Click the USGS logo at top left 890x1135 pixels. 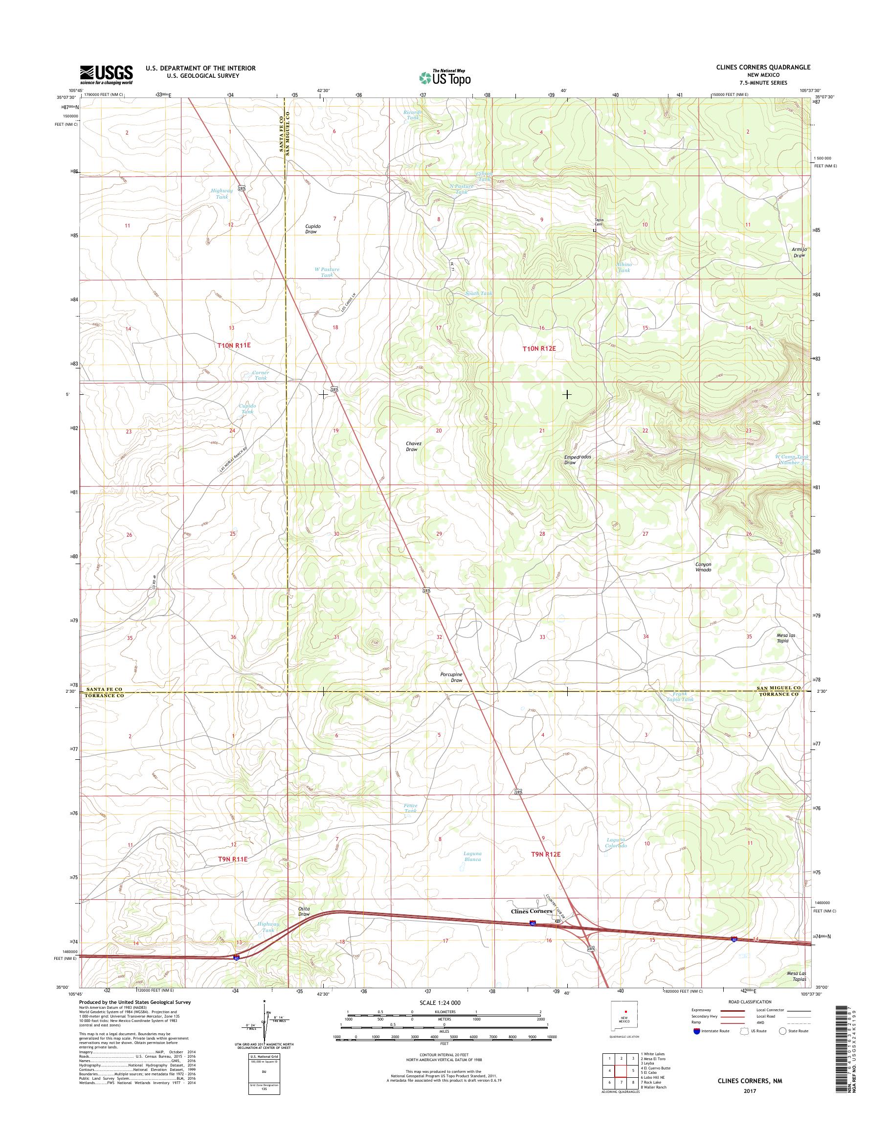pyautogui.click(x=106, y=74)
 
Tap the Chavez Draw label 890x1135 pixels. pyautogui.click(x=412, y=446)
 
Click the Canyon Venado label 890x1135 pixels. pyautogui.click(x=703, y=567)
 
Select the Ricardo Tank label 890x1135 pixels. pyautogui.click(x=412, y=114)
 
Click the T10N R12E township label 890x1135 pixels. pyautogui.click(x=536, y=348)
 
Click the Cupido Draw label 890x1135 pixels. pyautogui.click(x=313, y=228)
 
